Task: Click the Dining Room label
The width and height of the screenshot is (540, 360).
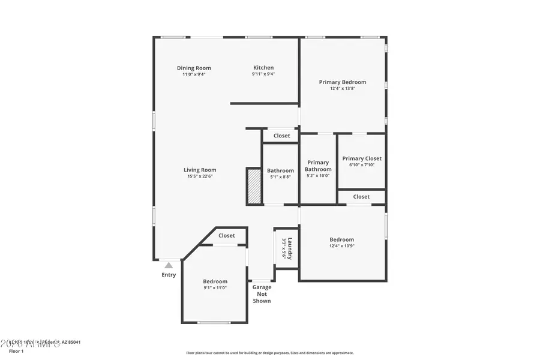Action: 194,68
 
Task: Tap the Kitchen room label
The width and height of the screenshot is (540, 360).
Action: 263,68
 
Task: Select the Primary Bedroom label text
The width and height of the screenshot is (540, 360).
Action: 342,82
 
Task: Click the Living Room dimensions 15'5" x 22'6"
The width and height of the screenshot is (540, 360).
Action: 200,176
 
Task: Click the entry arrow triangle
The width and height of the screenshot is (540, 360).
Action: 169,265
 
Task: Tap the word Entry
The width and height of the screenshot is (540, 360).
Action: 169,275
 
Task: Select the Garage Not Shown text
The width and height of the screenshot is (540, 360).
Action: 262,294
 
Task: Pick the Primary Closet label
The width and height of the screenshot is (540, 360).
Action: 362,158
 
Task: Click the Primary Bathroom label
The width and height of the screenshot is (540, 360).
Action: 318,166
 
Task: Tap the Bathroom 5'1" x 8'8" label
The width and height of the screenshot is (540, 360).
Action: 280,173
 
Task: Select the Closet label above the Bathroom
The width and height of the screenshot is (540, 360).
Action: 281,136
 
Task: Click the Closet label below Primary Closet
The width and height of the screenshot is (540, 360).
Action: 361,196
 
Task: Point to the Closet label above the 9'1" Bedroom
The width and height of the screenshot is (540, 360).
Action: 226,236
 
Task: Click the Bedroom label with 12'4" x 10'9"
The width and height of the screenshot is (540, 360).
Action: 341,239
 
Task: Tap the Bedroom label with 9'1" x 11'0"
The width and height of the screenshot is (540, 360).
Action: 215,281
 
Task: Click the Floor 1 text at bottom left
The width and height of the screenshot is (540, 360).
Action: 16,350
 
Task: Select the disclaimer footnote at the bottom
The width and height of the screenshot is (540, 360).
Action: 269,353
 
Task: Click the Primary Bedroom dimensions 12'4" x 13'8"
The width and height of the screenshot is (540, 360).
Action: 342,89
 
